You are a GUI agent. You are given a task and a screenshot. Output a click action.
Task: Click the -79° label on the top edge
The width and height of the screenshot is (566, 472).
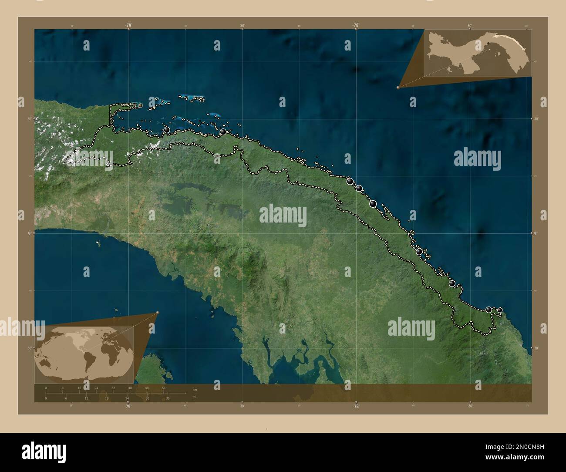(128, 25)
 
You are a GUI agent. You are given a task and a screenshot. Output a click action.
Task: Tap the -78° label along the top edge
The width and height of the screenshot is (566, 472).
(356, 25)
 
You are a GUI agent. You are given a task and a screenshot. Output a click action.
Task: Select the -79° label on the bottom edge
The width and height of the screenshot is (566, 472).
(128, 406)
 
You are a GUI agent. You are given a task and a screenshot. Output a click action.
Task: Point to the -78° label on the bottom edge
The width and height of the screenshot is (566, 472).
(356, 406)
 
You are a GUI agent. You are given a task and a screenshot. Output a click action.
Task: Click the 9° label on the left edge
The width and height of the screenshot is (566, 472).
(30, 234)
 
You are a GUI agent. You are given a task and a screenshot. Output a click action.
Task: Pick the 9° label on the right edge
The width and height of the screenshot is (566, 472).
(536, 234)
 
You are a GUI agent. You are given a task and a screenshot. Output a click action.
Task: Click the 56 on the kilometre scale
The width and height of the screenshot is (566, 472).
(164, 388)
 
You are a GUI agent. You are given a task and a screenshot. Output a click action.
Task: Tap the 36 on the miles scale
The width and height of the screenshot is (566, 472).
(168, 398)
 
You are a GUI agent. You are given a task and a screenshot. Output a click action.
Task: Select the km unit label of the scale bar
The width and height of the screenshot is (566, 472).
(194, 390)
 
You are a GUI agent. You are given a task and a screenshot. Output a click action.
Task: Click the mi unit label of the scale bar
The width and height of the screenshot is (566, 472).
(194, 396)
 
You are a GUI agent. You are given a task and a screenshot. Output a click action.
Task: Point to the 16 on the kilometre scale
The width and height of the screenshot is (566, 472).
(79, 388)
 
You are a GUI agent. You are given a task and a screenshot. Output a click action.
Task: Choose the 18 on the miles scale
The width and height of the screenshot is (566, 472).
(107, 398)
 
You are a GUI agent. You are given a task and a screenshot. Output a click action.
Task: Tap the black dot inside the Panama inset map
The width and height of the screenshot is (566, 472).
(488, 43)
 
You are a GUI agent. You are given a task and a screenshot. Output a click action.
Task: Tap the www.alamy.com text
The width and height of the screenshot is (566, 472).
(515, 457)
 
